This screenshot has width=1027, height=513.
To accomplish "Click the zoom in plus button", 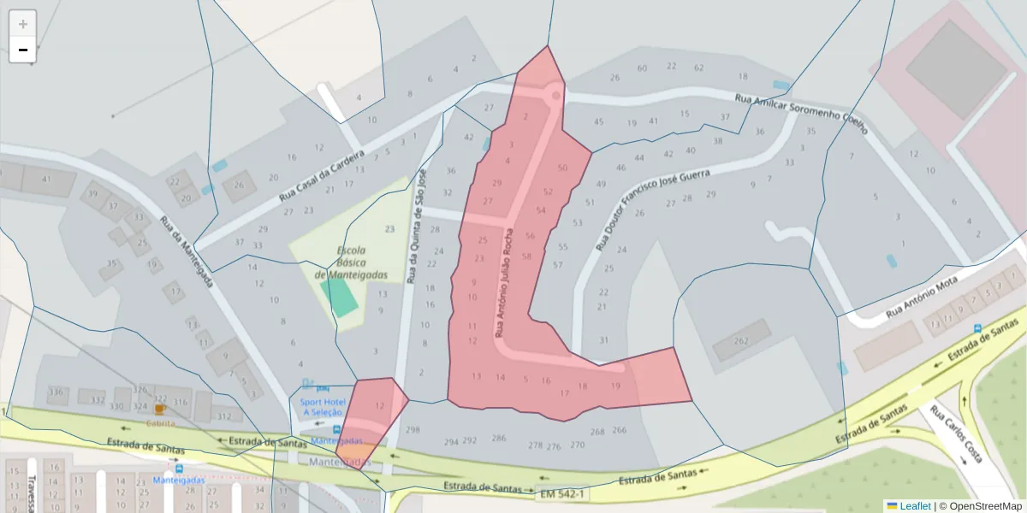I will [x=23, y=24].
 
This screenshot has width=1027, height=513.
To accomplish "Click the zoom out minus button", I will [x=23, y=50].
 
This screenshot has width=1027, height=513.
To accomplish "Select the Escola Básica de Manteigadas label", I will [x=352, y=262].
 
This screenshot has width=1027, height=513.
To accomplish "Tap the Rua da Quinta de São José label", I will [x=415, y=227].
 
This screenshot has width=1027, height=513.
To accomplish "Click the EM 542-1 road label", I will [x=561, y=494].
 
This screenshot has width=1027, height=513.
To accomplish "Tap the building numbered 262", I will [x=741, y=342].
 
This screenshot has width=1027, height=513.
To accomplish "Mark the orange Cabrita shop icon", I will [x=160, y=410].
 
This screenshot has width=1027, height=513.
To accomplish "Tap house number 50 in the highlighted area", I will [x=561, y=168].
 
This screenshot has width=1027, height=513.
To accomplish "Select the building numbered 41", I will [x=46, y=179].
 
